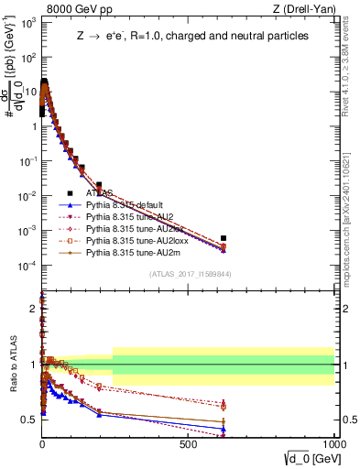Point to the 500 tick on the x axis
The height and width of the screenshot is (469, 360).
point(189,443)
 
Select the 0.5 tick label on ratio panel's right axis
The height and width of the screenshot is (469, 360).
point(346,420)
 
